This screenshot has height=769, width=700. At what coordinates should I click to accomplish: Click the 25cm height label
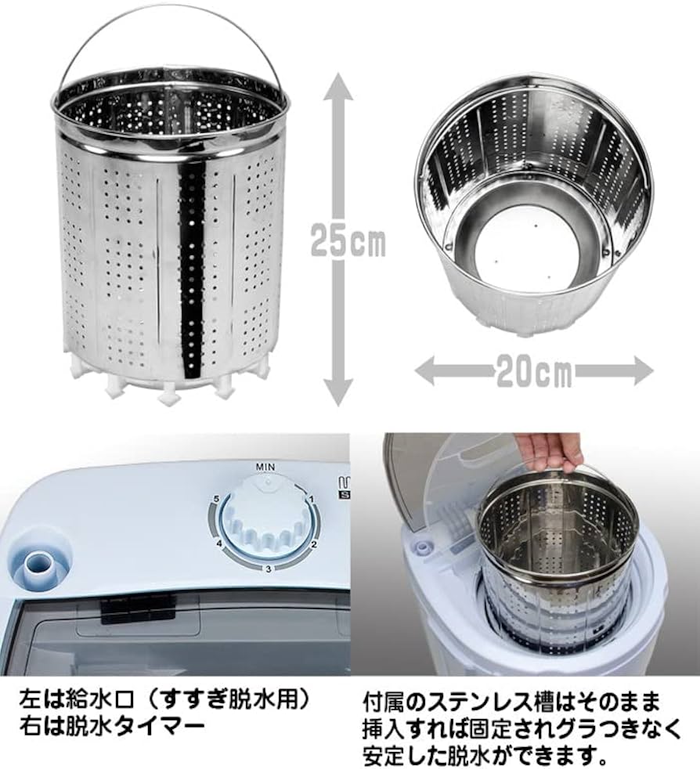[x=347, y=241]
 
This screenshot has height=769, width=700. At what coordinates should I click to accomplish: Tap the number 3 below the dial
[x=267, y=569]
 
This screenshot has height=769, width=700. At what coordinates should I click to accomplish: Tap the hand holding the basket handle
[x=554, y=451]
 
